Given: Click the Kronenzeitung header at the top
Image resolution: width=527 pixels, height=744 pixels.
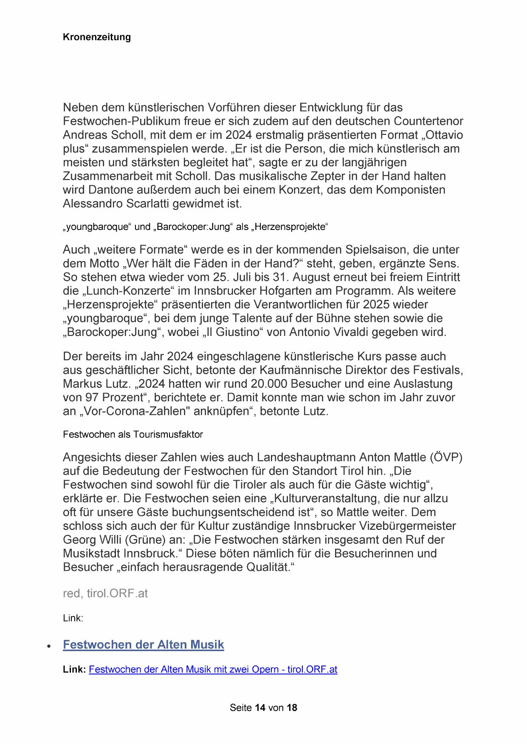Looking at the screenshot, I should (97, 37).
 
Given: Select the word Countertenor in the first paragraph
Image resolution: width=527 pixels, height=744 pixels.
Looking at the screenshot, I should (428, 121).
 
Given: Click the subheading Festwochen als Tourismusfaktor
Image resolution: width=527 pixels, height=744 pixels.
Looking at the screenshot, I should (133, 434).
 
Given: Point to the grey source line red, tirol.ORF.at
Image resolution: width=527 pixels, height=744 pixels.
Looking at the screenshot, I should (105, 593).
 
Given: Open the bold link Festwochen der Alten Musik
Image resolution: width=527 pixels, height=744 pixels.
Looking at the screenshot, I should (143, 645).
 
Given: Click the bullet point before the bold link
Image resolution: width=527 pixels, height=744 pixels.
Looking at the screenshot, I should (49, 646).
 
